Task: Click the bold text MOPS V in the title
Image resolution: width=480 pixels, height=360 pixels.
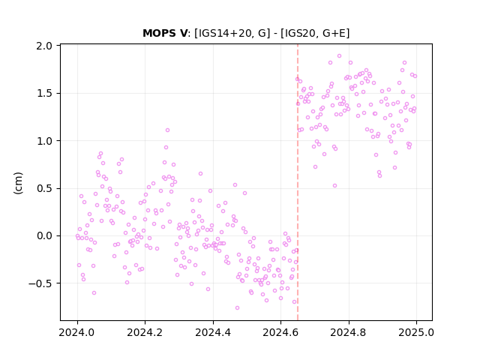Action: click(165, 33)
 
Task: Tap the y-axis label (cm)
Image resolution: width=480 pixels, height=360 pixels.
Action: click(18, 183)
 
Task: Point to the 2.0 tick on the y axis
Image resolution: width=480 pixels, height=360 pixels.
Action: click(44, 46)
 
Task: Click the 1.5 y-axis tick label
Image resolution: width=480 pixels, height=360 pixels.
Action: click(44, 93)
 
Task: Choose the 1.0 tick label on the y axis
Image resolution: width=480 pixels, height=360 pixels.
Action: click(44, 141)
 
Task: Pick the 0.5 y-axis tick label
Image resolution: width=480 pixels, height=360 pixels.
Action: click(44, 188)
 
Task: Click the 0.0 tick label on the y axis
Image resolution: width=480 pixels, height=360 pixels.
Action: click(44, 236)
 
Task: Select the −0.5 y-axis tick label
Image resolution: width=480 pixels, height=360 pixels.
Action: click(40, 283)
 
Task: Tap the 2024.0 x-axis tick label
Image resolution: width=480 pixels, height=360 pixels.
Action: click(77, 332)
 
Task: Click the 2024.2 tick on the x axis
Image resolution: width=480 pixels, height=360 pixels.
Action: click(145, 332)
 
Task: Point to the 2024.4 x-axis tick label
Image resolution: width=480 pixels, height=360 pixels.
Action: click(213, 332)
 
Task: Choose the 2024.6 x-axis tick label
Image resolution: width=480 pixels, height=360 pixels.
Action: click(280, 332)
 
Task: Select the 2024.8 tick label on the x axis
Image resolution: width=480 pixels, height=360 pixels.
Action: click(348, 332)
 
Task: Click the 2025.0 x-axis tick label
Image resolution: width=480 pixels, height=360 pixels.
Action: click(416, 332)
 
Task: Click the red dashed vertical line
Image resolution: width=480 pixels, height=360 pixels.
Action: click(298, 182)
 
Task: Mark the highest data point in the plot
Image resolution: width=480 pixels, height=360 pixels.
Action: click(339, 56)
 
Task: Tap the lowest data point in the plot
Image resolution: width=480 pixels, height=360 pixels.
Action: click(237, 308)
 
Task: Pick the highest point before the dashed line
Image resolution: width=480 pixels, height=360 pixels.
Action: click(167, 130)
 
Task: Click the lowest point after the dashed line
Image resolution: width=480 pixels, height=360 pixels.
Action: click(335, 186)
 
